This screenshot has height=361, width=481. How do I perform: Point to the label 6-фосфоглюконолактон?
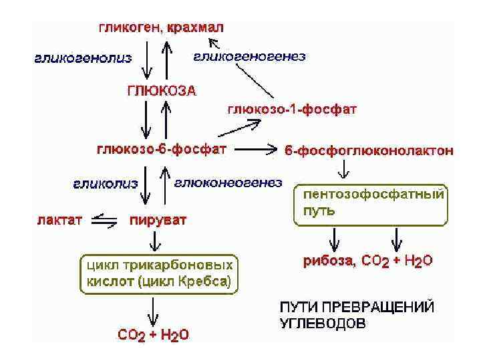click(369, 151)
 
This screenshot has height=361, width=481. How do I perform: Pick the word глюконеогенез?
click(228, 183)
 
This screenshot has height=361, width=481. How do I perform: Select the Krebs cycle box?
click(158, 272)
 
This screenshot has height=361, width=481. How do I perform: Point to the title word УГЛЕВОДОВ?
click(322, 324)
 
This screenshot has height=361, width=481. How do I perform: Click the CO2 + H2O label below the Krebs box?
click(153, 336)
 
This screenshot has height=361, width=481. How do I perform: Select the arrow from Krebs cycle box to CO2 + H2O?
click(154, 310)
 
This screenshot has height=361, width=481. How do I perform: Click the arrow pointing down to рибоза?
click(336, 239)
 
